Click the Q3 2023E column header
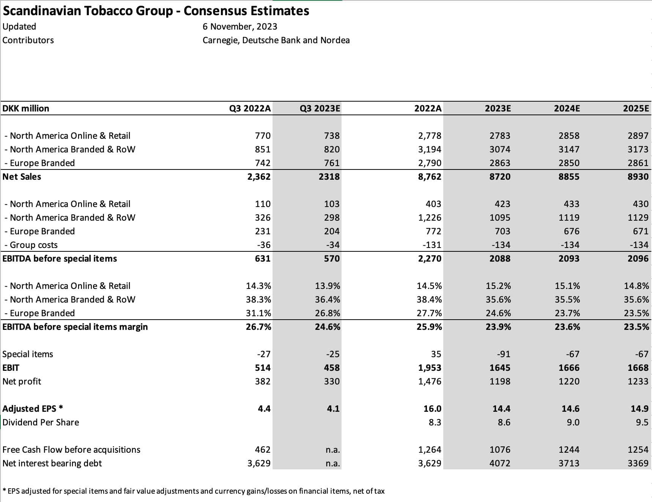320,108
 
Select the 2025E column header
636,108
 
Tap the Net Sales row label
22,177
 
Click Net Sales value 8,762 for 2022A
430,177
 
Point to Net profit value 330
332,381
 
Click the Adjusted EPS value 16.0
432,409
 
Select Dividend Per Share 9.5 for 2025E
642,422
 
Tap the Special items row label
28,354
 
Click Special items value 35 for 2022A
436,354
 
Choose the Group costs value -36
264,245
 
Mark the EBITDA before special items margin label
75,327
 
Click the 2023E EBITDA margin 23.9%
498,327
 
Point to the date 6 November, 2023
240,27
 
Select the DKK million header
26,108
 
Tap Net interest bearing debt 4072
500,463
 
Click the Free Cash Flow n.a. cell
332,450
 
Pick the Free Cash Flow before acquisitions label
71,450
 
